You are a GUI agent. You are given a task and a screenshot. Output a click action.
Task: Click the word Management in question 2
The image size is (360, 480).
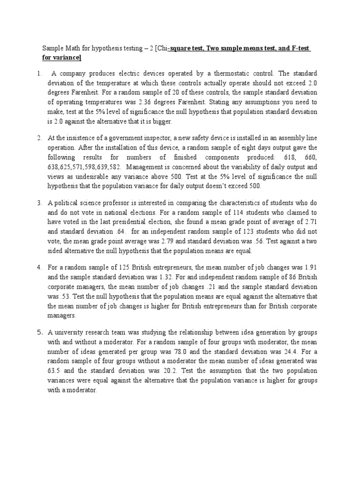point(145,167)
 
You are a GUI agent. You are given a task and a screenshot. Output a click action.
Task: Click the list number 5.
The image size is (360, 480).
point(40,332)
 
